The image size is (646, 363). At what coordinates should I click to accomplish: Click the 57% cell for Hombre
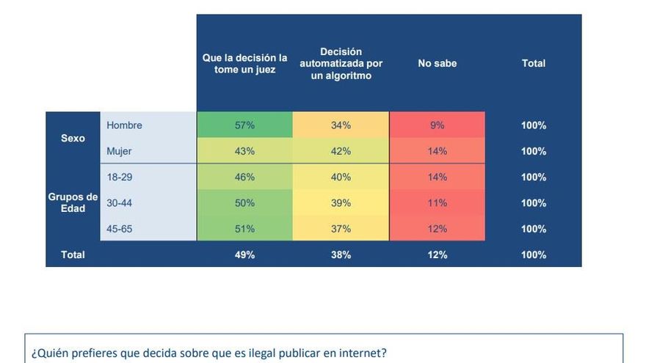click(244, 125)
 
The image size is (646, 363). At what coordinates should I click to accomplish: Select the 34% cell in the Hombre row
click(341, 125)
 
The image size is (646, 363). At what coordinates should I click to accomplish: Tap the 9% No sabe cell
click(437, 125)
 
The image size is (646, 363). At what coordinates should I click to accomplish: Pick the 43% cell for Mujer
click(244, 151)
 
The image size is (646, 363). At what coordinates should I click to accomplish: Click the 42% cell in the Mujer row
click(341, 151)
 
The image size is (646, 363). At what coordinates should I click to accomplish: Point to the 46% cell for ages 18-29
click(244, 177)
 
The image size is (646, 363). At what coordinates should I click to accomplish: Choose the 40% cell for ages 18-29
click(341, 177)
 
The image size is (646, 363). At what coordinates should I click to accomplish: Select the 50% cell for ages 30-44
click(244, 203)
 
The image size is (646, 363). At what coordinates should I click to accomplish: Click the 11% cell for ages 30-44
click(437, 203)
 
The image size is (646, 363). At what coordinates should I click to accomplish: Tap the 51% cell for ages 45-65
click(244, 229)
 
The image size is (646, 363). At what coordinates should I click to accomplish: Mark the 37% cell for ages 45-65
click(341, 229)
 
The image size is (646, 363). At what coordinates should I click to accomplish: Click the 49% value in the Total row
click(244, 255)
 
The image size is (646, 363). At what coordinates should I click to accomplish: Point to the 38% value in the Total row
click(341, 255)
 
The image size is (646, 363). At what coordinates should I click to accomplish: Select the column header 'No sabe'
click(437, 64)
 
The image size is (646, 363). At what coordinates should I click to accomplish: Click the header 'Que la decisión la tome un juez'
click(244, 64)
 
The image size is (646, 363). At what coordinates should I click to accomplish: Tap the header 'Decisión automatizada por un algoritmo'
click(341, 64)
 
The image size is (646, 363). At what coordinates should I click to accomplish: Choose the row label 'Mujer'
click(119, 151)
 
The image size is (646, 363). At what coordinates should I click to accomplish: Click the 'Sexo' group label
click(73, 139)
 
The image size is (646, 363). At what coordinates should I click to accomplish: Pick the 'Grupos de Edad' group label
click(73, 202)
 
